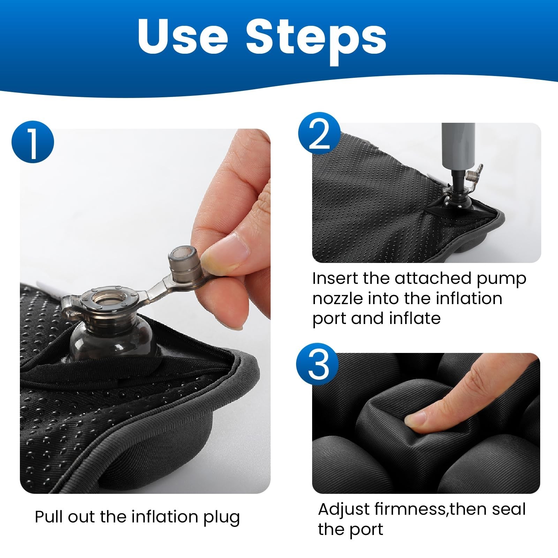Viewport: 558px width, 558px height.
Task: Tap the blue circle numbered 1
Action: click(33, 141)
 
